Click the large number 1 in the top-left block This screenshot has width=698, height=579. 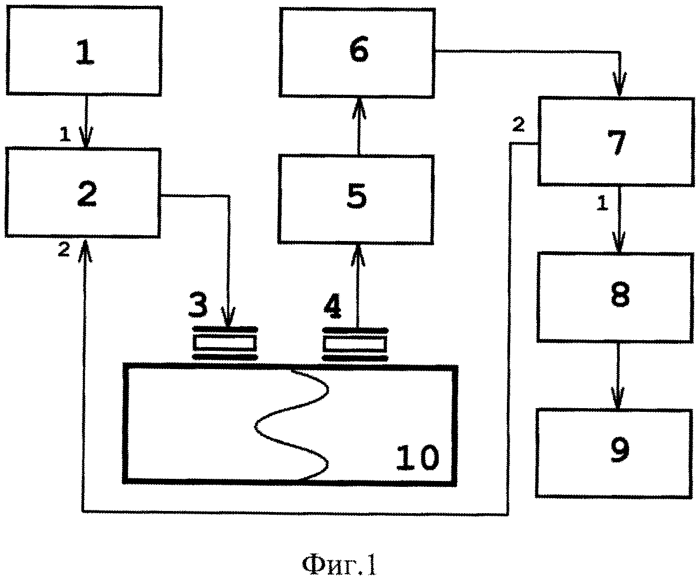pyautogui.click(x=85, y=52)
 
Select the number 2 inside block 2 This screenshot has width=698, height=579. pyautogui.click(x=87, y=194)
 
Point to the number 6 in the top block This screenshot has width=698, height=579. pyautogui.click(x=359, y=49)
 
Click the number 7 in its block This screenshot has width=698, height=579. pyautogui.click(x=617, y=143)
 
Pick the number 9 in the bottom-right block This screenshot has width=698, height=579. pyautogui.click(x=620, y=450)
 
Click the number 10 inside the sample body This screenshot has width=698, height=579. pyautogui.click(x=417, y=457)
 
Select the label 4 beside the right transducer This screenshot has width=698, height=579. pyautogui.click(x=332, y=306)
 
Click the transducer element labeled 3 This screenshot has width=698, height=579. pyautogui.click(x=225, y=343)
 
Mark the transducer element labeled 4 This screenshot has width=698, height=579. pyautogui.click(x=355, y=344)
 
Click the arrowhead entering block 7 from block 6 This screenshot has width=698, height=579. pyautogui.click(x=619, y=84)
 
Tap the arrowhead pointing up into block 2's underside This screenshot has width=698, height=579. pyautogui.click(x=85, y=250)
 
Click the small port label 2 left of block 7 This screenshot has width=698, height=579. pyautogui.click(x=519, y=124)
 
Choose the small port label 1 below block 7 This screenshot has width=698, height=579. pyautogui.click(x=602, y=203)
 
